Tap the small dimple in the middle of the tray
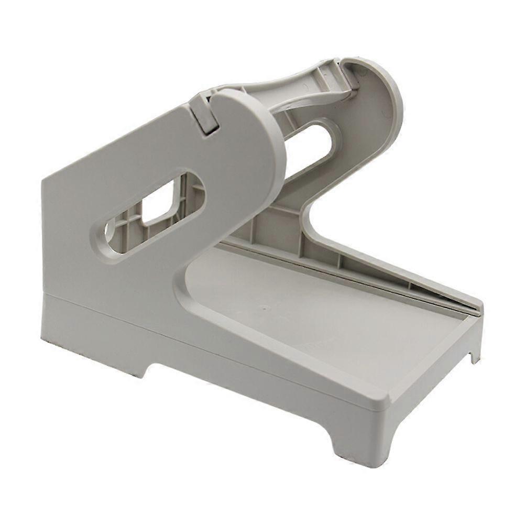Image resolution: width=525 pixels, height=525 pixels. [x=263, y=308]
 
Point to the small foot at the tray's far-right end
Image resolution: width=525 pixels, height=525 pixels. [x=474, y=357]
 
